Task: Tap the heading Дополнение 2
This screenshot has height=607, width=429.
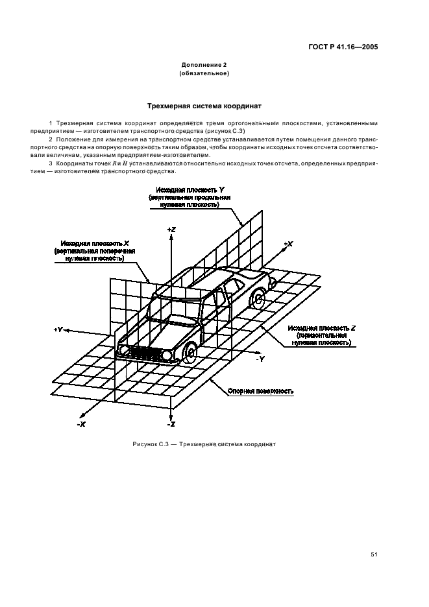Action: click(203, 65)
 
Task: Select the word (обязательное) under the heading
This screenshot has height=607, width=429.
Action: click(203, 73)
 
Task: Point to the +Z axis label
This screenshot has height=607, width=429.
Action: click(171, 230)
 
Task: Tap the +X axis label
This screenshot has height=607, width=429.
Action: click(288, 244)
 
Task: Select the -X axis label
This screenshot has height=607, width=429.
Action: click(81, 423)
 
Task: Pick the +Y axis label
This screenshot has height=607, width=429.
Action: click(58, 329)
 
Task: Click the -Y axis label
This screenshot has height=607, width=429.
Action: click(260, 358)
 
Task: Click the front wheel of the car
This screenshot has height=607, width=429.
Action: click(191, 354)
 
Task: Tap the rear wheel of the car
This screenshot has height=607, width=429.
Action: click(258, 300)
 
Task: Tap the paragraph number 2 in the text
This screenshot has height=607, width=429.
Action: click(51, 139)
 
